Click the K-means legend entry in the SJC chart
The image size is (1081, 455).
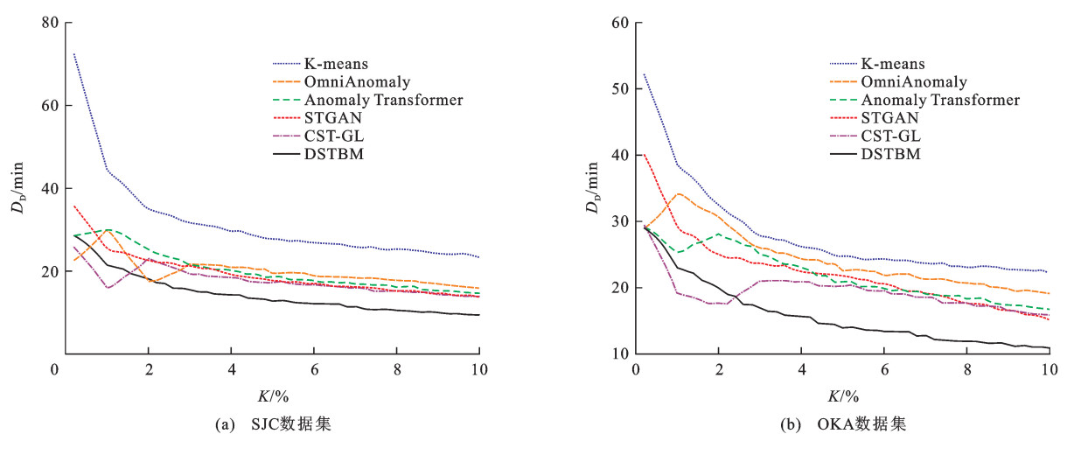click(x=336, y=64)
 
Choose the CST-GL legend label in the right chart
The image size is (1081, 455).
click(x=891, y=136)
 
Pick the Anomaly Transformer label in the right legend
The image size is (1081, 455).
click(x=940, y=101)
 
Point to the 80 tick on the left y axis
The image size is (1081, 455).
click(x=48, y=22)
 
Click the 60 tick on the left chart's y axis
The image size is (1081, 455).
click(x=48, y=105)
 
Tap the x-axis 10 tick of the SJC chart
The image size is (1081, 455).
click(x=478, y=368)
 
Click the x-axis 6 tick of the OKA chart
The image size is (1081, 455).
click(x=883, y=368)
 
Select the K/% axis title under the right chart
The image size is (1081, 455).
click(x=842, y=395)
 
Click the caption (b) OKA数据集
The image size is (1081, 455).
click(x=841, y=425)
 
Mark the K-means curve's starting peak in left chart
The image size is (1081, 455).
click(x=74, y=54)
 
